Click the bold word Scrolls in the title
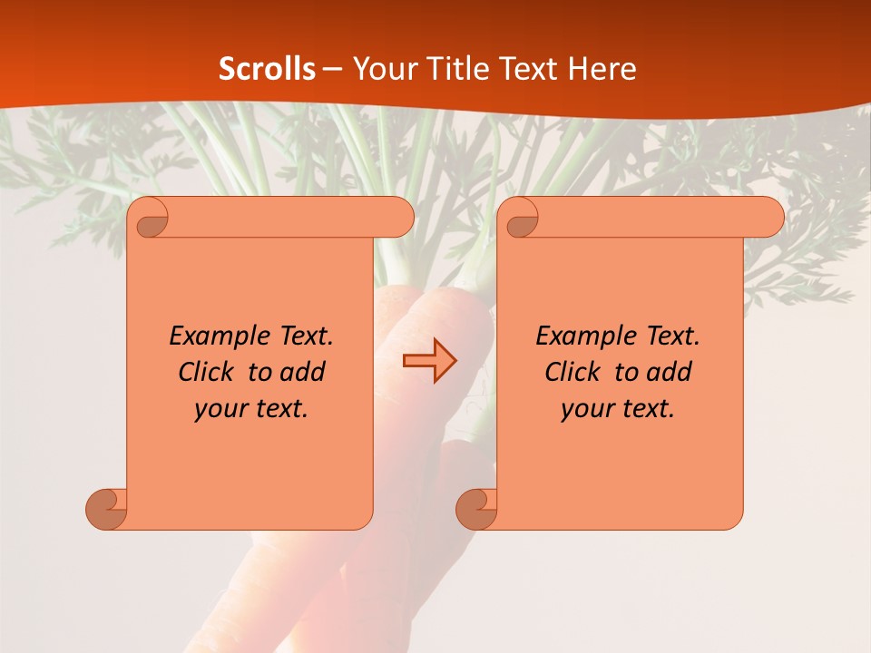268,69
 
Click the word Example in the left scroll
218,336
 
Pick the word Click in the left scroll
210,372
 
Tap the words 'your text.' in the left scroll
251,408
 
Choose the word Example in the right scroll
584,336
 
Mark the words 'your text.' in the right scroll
618,408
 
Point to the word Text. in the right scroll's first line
672,336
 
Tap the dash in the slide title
332,69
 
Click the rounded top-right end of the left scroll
400,217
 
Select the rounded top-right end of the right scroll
770,217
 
